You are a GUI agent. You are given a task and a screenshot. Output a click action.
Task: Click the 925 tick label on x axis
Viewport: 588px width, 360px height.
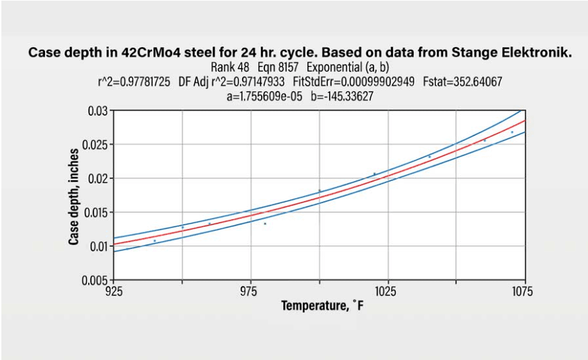[114, 291]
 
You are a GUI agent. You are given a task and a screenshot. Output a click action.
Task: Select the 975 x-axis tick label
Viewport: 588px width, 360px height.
[250, 291]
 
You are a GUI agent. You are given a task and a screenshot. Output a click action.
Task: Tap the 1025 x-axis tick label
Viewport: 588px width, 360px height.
[387, 291]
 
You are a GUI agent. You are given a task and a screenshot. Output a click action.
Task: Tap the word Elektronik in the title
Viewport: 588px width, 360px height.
[536, 54]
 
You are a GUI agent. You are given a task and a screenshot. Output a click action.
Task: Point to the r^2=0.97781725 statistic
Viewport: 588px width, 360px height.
[135, 81]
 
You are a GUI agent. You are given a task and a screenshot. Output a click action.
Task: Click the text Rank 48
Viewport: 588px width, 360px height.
[229, 68]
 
